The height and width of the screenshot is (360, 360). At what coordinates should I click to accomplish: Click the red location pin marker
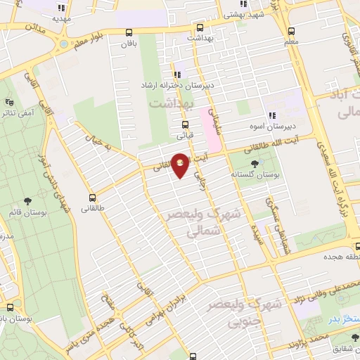tap(181, 165)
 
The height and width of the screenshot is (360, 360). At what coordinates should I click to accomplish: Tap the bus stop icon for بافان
tap(128, 32)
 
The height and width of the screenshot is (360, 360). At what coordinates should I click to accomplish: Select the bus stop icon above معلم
tap(291, 31)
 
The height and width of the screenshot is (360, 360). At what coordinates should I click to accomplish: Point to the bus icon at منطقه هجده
tap(356, 246)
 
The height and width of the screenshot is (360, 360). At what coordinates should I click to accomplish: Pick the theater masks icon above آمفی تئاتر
tap(10, 103)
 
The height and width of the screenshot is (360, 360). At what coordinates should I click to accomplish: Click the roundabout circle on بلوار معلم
tap(64, 44)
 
